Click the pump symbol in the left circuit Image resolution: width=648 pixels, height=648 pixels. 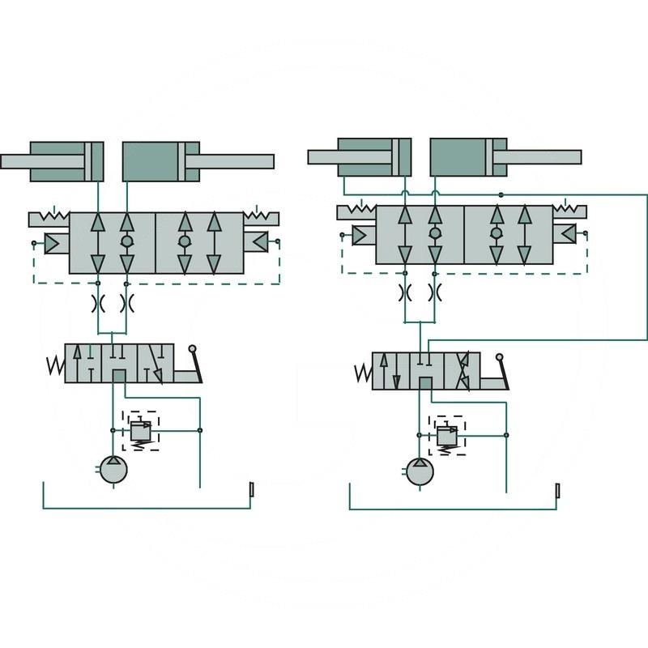[x=113, y=469]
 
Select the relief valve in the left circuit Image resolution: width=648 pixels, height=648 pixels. [x=141, y=430]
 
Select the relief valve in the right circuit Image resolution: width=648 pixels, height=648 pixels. [x=446, y=435]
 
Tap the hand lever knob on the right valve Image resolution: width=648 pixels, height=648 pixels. [x=500, y=357]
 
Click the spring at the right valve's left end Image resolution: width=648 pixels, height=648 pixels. [x=363, y=373]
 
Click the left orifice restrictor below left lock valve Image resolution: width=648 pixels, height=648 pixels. [x=98, y=304]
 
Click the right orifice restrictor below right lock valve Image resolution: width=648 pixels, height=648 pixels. [x=435, y=292]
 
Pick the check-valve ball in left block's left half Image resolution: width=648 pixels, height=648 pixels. [x=126, y=241]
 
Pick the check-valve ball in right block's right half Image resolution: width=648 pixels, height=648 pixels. [x=496, y=233]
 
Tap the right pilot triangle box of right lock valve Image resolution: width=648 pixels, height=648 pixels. [x=569, y=234]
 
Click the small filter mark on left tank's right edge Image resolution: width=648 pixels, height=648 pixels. [x=251, y=490]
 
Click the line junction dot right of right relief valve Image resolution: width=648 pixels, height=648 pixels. [x=506, y=435]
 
